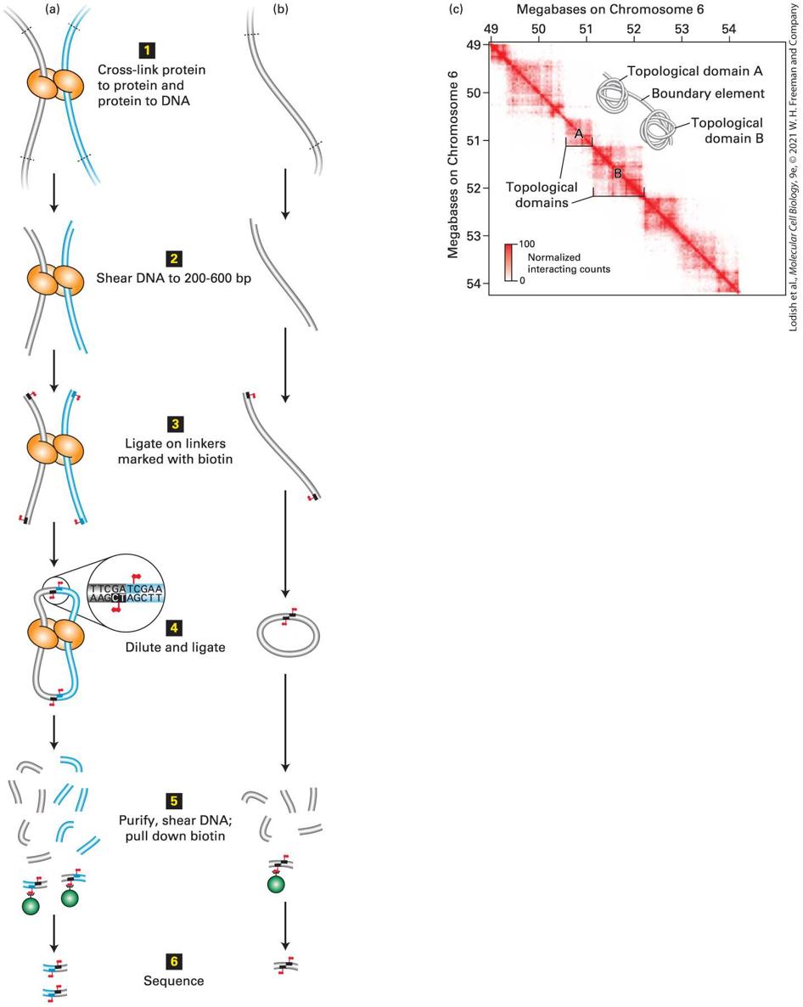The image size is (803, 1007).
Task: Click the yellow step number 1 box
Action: (x=147, y=50)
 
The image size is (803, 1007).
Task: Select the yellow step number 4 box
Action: (x=174, y=627)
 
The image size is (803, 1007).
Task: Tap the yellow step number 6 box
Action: (x=174, y=961)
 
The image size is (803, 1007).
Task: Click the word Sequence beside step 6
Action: (x=174, y=981)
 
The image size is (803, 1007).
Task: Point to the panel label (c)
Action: (x=456, y=9)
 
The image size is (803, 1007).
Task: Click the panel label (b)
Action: (x=280, y=9)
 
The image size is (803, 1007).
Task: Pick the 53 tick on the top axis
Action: (x=682, y=29)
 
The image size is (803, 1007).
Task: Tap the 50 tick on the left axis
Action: (x=474, y=93)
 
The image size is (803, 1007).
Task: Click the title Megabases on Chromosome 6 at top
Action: (x=609, y=9)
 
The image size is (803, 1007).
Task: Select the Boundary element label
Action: (x=708, y=93)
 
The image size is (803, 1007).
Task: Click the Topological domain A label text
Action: (x=694, y=71)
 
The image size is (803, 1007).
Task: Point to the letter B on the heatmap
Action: (x=618, y=173)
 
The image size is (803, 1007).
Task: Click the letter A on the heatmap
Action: (x=578, y=134)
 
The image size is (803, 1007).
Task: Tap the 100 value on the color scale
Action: (x=527, y=244)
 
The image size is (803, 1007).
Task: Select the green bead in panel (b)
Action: (x=276, y=885)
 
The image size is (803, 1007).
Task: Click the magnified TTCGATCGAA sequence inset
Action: (x=126, y=593)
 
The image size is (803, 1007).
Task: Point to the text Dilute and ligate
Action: (x=175, y=647)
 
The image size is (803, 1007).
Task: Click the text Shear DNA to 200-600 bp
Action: (x=174, y=278)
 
